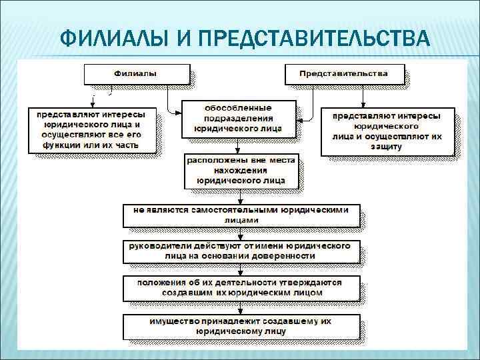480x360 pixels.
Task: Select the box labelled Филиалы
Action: (x=137, y=73)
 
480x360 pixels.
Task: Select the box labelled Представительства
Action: (x=344, y=73)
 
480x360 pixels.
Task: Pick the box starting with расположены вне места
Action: (x=241, y=171)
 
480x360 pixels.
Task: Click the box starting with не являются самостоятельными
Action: (x=241, y=214)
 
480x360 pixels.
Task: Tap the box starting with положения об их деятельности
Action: (x=241, y=287)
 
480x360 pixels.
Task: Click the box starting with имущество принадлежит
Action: (x=242, y=325)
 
